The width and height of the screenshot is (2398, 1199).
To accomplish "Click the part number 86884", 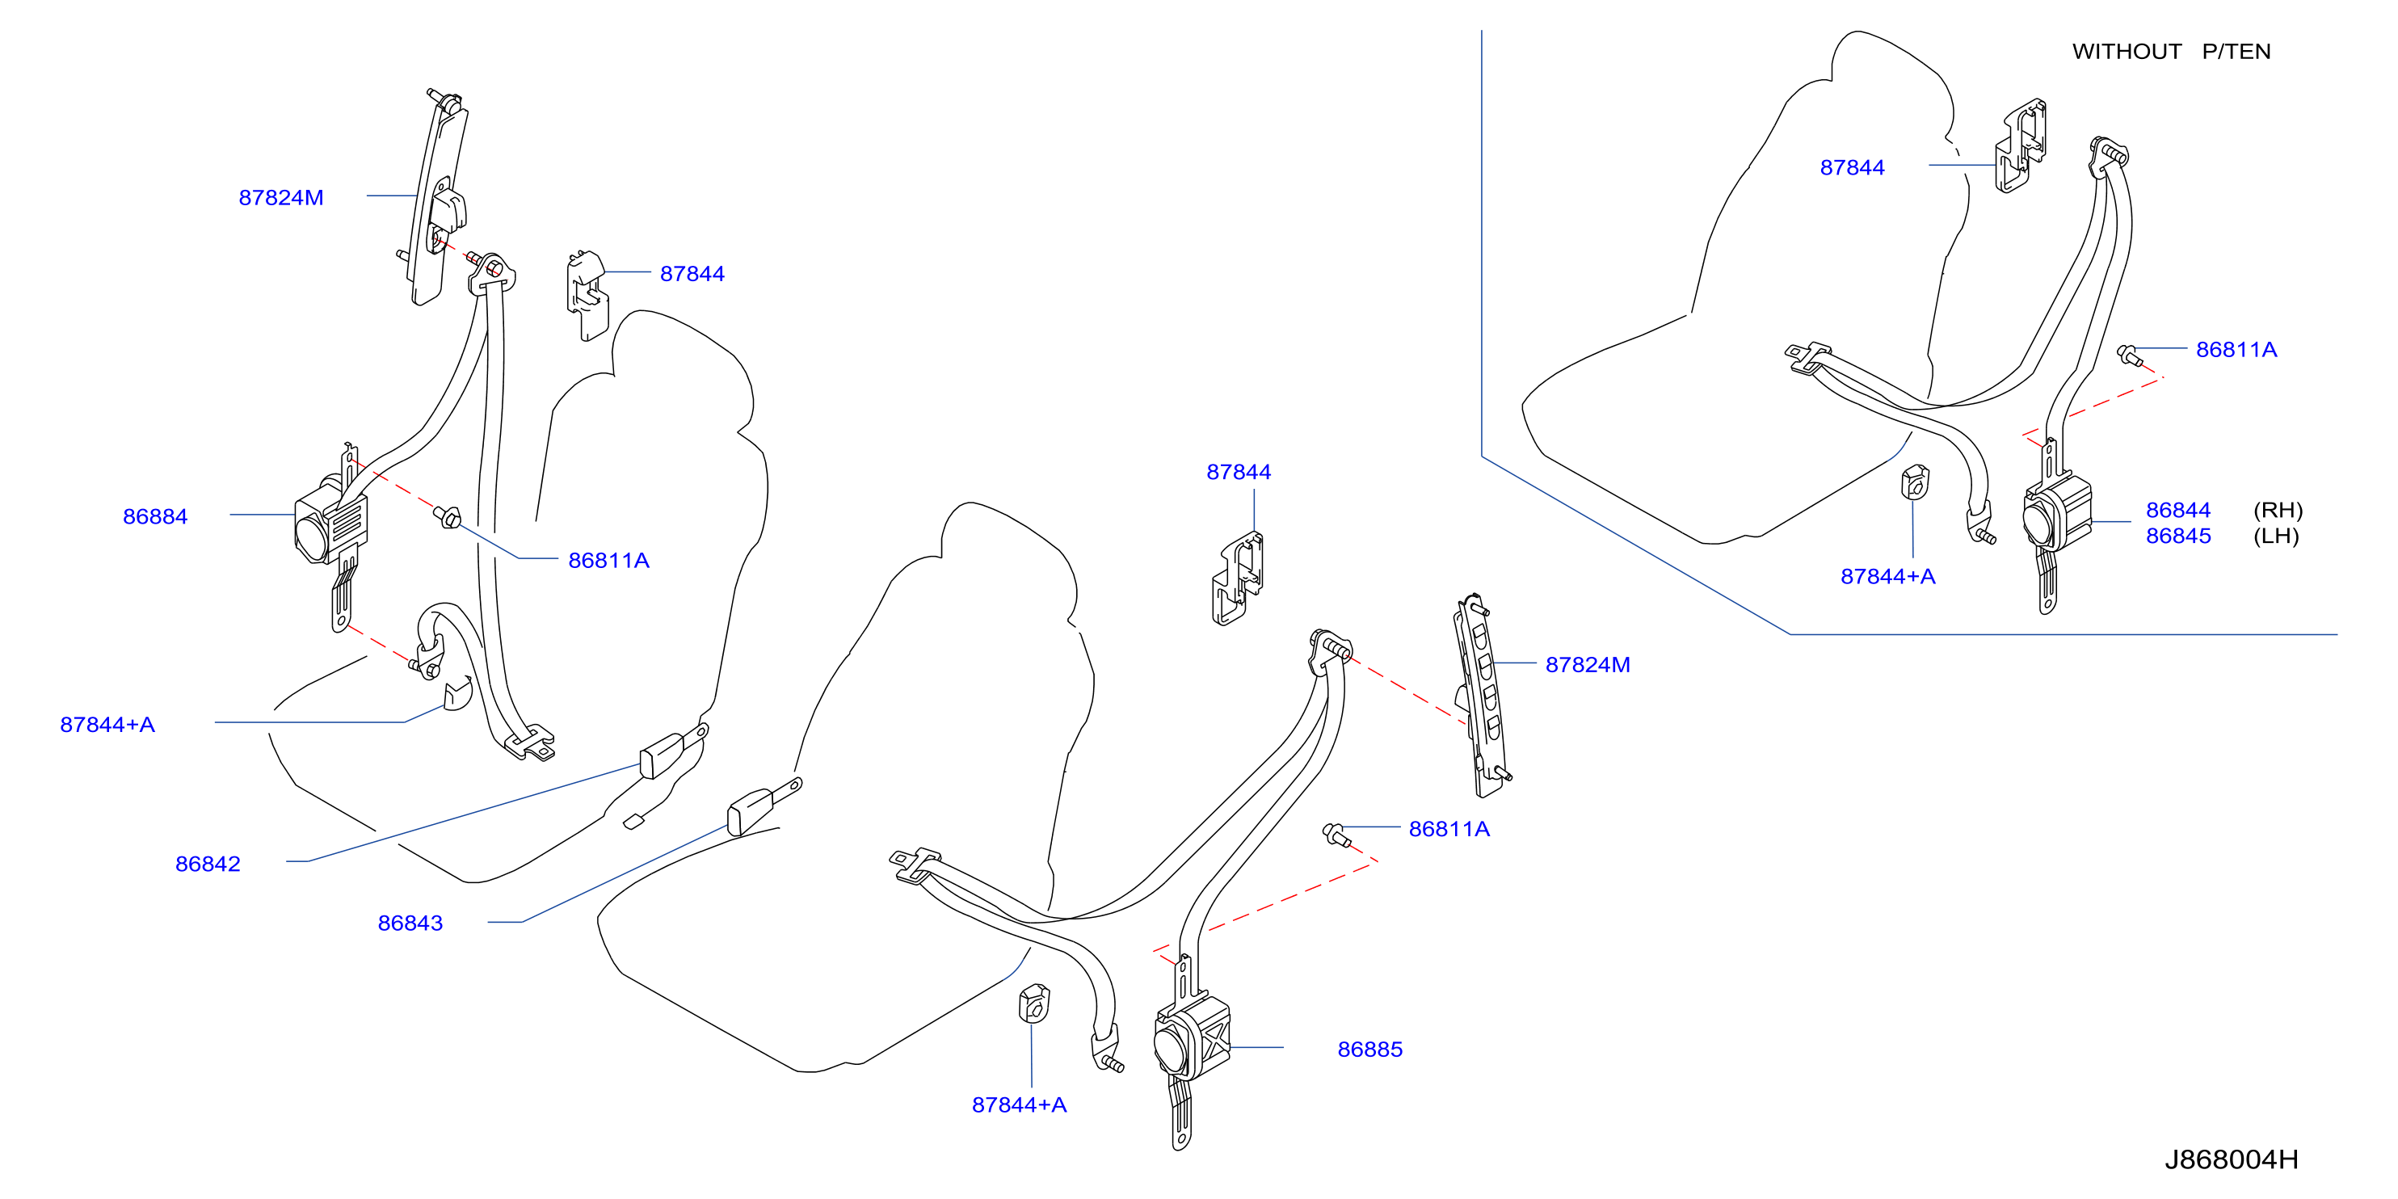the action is pos(155,516).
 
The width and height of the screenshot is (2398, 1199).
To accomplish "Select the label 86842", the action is pos(208,864).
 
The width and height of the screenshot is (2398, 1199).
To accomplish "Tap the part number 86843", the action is pos(410,923).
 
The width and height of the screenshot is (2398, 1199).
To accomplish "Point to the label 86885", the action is pos(1370,1050).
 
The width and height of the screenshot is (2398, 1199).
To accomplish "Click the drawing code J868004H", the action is pos(2232,1160).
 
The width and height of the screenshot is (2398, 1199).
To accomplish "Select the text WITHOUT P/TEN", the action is pos(2172,53).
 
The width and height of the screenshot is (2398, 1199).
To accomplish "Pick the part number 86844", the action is pos(2178,510).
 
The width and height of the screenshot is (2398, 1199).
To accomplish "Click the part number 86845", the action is pos(2178,536).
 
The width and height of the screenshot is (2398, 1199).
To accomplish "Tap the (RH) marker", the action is pos(2278,510).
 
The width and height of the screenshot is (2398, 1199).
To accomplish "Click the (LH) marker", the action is pos(2276,536).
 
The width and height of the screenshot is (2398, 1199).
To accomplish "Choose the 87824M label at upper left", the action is pos(281,198).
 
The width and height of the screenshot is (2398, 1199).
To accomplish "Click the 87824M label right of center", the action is pos(1588,666).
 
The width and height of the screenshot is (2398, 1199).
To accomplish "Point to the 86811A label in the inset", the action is pos(2237,350).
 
